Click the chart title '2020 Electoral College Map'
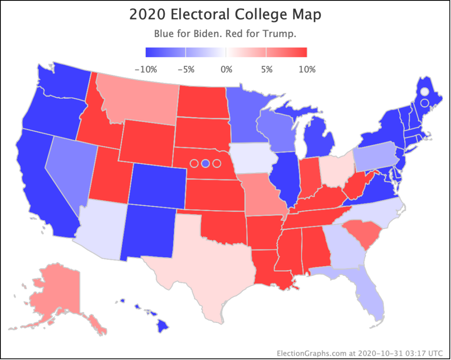225,15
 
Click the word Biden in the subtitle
203,34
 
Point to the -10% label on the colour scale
145,70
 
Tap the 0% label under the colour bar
226,70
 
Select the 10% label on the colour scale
307,70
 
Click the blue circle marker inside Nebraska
205,163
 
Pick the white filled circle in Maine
424,92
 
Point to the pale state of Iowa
253,158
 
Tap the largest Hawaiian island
163,326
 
